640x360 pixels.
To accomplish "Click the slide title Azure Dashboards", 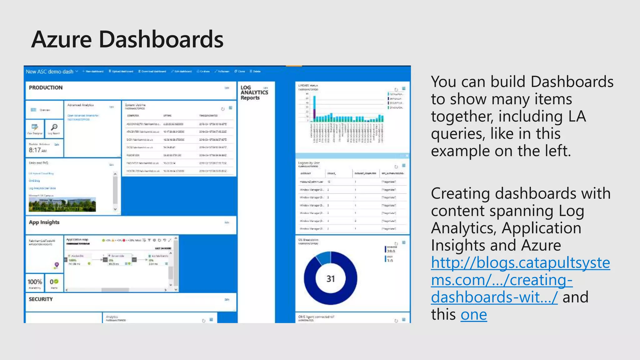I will [x=127, y=40].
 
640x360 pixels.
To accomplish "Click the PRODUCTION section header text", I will [x=46, y=88].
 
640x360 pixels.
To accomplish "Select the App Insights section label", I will [x=44, y=222].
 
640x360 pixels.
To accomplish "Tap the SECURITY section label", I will [x=41, y=299].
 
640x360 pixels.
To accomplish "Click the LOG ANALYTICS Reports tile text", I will [x=254, y=92].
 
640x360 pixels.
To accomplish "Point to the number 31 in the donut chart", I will [x=331, y=278].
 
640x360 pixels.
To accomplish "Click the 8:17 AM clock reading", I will [x=37, y=150].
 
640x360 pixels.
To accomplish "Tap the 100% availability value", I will [x=35, y=282].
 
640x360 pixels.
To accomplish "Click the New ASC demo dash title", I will [x=49, y=72].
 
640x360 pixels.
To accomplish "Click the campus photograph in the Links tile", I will [x=62, y=205].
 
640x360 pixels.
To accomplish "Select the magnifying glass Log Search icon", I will [x=54, y=127].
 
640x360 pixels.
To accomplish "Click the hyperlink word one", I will [x=473, y=314].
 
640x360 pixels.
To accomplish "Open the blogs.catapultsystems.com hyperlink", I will [x=520, y=262].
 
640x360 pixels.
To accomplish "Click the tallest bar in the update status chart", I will [x=315, y=106].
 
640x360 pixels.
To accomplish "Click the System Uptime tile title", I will [x=135, y=105].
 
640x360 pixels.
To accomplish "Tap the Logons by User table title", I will [x=309, y=163].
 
